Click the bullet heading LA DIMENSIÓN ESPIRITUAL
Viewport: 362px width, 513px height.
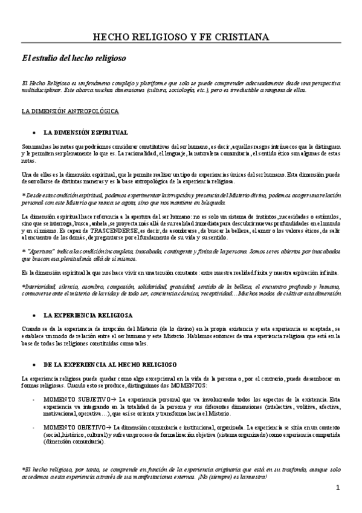click(85, 132)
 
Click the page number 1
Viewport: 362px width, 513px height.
click(338, 488)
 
